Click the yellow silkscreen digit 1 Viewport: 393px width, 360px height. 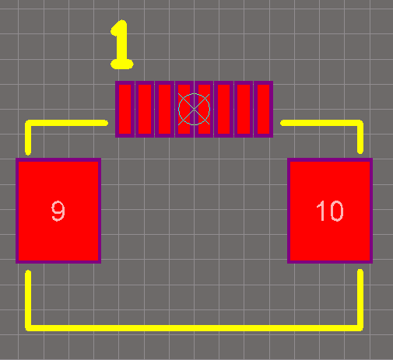click(x=122, y=44)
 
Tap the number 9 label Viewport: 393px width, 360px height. click(x=58, y=211)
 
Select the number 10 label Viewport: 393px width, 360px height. click(x=330, y=211)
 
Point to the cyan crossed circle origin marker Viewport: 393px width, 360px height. click(x=194, y=109)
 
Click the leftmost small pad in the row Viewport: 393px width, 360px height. click(x=125, y=109)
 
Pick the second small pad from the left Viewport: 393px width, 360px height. click(x=145, y=109)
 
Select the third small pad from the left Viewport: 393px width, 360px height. click(x=164, y=109)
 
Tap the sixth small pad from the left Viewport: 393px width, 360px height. click(x=223, y=109)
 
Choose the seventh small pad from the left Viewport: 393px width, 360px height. click(x=244, y=109)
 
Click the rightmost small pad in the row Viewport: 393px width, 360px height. click(x=263, y=109)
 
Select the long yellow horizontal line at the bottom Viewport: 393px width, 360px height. click(x=194, y=328)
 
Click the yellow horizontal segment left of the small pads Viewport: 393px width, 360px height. click(x=67, y=123)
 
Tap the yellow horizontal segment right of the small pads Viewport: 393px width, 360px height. click(x=321, y=123)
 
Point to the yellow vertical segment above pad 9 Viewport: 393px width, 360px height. click(x=28, y=138)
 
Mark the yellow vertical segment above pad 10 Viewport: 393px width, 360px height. click(x=360, y=137)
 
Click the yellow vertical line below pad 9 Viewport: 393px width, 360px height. click(x=28, y=301)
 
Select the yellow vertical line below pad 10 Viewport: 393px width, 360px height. click(x=360, y=300)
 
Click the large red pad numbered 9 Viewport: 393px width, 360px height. click(x=58, y=211)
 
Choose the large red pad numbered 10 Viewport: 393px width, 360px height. click(x=330, y=211)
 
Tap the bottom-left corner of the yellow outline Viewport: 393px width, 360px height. click(x=28, y=328)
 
